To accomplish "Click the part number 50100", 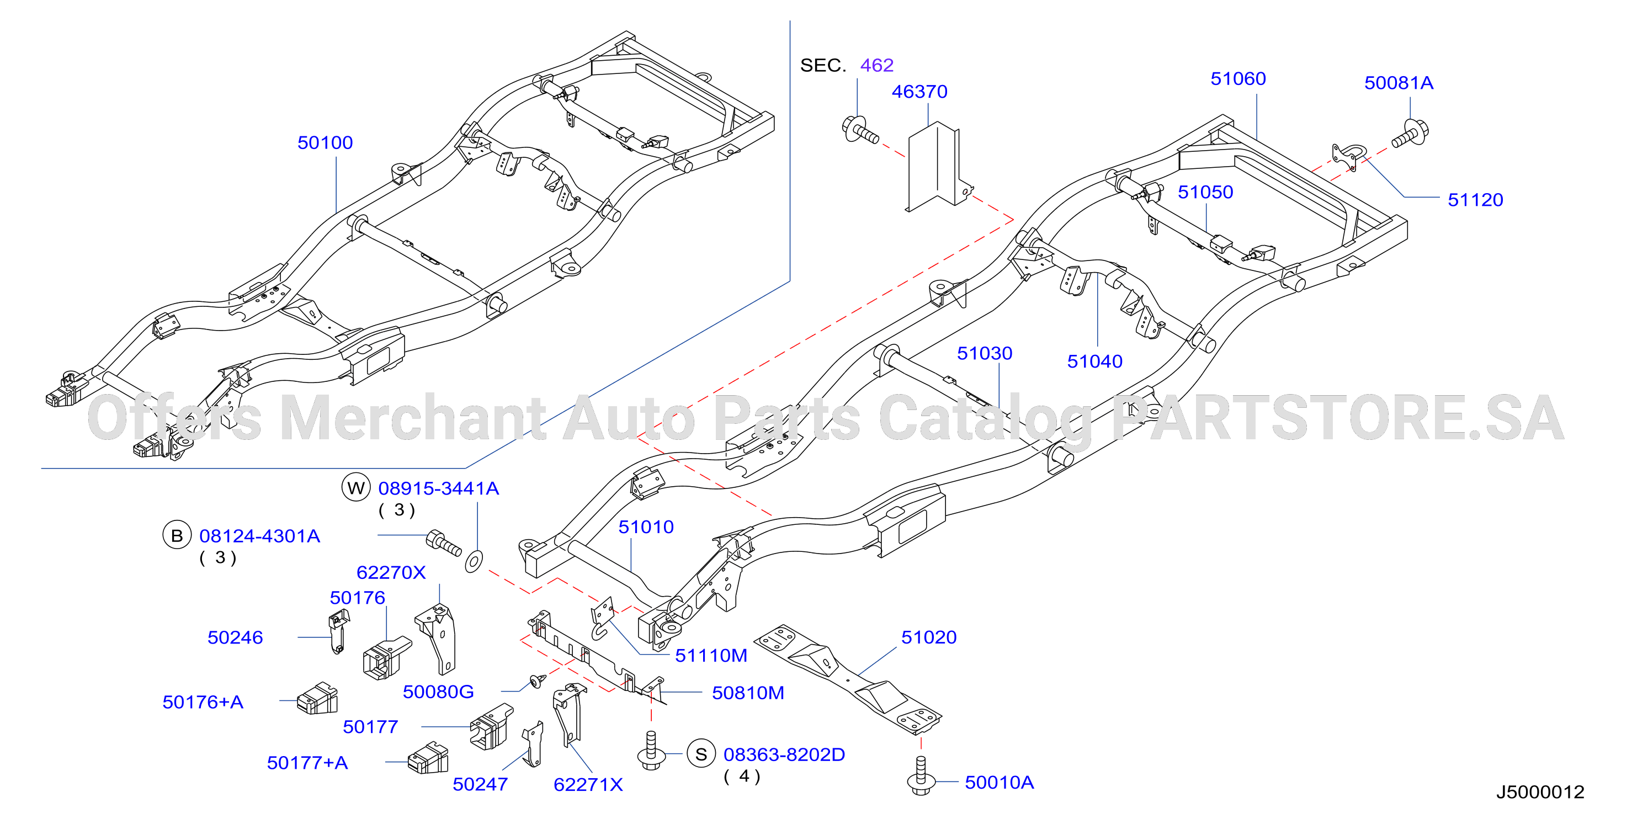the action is click(325, 143).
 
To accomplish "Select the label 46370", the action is click(919, 92).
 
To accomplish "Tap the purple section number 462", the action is click(876, 65).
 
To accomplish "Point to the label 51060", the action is click(1238, 79).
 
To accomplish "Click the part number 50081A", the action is click(1399, 83).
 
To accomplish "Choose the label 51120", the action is click(1475, 200).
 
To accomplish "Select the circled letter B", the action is click(177, 535).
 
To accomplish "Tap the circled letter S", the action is click(701, 754).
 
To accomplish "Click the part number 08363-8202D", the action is click(784, 754).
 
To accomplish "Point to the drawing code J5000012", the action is click(1540, 792).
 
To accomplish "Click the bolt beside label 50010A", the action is click(921, 775).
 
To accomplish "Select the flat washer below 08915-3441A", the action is click(474, 561).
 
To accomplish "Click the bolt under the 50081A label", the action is click(1410, 134).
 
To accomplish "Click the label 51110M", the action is click(711, 655).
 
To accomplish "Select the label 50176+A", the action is click(203, 702).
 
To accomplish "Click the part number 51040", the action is click(1094, 361).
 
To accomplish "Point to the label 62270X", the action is click(391, 572).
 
